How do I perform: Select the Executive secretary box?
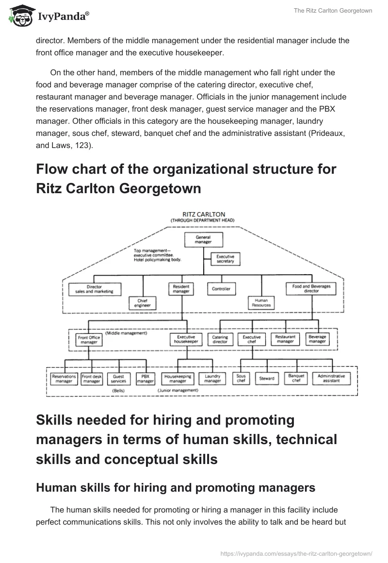226,259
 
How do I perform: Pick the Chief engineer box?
143,303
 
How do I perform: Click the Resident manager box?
181,289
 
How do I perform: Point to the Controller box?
221,289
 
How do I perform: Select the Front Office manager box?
89,339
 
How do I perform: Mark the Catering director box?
220,339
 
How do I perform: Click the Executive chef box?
251,339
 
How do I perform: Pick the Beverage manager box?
317,339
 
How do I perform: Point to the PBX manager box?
145,379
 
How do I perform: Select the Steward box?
266,379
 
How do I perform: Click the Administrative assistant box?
331,379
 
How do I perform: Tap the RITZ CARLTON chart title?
202,214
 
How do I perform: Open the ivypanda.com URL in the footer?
296,553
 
